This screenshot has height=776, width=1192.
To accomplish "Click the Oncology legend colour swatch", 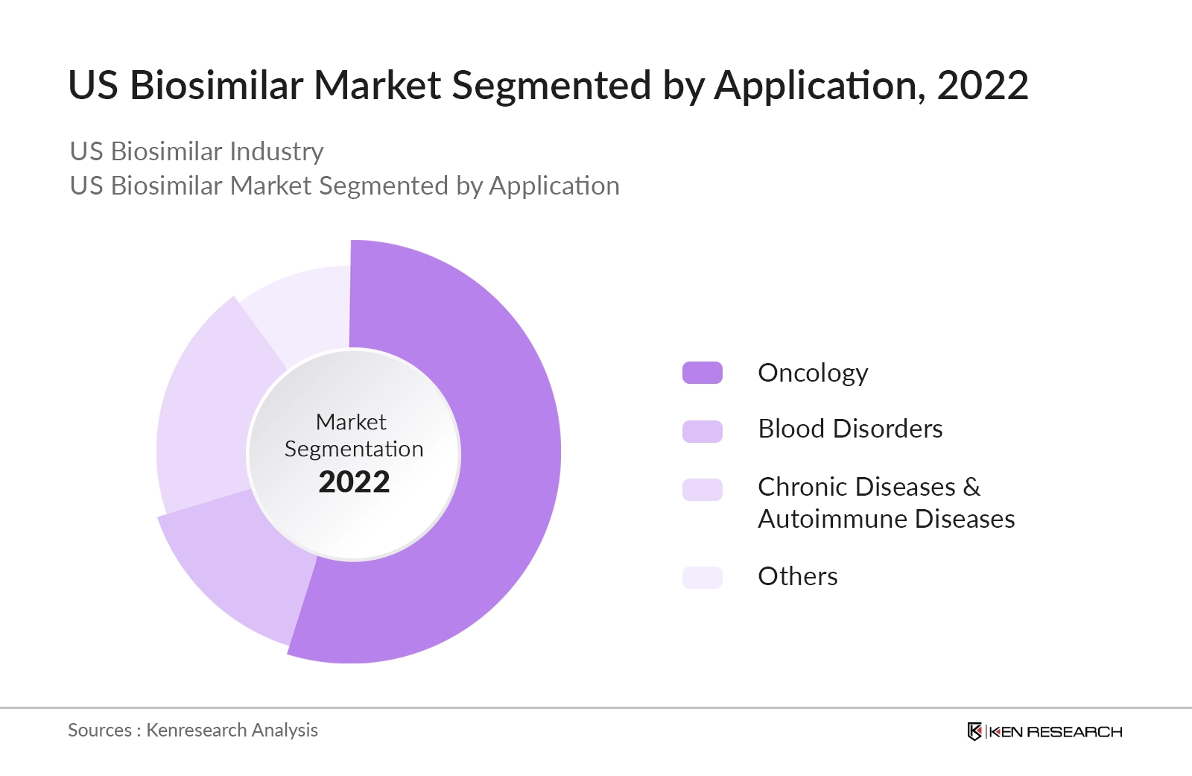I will click(x=702, y=373).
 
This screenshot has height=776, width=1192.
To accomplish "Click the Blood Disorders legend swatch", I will click(x=702, y=431).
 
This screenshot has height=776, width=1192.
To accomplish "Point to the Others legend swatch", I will click(x=702, y=577).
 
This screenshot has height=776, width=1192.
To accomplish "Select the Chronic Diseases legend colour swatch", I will click(x=702, y=490).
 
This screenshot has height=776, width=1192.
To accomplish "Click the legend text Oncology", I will click(x=813, y=373).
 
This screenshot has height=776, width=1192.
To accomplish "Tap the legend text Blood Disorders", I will click(x=850, y=429).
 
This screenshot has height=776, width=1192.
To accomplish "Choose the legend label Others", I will click(x=797, y=576).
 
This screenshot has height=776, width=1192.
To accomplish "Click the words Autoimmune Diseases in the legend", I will click(x=886, y=519).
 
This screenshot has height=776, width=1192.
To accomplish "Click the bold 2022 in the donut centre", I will click(x=354, y=482).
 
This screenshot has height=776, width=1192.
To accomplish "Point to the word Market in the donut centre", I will click(x=351, y=422).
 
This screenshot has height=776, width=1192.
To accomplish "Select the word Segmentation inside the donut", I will click(x=354, y=449).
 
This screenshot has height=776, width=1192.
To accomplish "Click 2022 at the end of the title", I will click(x=982, y=86).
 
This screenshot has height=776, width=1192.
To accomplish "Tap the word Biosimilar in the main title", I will click(x=216, y=86).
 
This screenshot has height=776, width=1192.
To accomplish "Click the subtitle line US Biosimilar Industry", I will click(x=197, y=151).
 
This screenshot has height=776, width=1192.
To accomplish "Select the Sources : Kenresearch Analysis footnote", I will click(x=193, y=730).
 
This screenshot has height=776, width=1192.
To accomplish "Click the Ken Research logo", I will click(x=1044, y=731).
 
